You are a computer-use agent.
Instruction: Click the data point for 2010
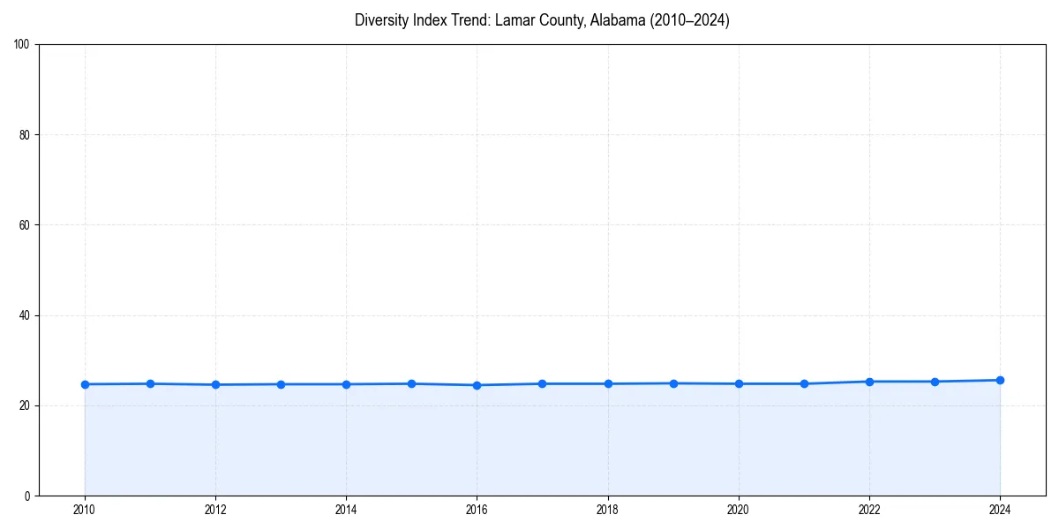[85, 384]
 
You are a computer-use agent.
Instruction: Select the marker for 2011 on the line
[150, 383]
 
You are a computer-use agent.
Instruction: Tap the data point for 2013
[281, 384]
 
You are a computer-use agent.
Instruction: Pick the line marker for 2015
[411, 383]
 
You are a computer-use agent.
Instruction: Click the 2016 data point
[477, 385]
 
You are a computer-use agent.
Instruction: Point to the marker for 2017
[542, 383]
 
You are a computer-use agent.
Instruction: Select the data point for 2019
[673, 383]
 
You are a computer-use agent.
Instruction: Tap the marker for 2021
[804, 383]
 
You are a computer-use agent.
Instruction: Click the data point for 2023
[935, 382]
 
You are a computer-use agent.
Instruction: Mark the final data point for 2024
[1000, 380]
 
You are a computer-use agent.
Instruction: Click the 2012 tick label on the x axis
[215, 510]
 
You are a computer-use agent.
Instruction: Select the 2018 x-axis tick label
[607, 510]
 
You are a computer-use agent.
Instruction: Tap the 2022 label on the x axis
[869, 510]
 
